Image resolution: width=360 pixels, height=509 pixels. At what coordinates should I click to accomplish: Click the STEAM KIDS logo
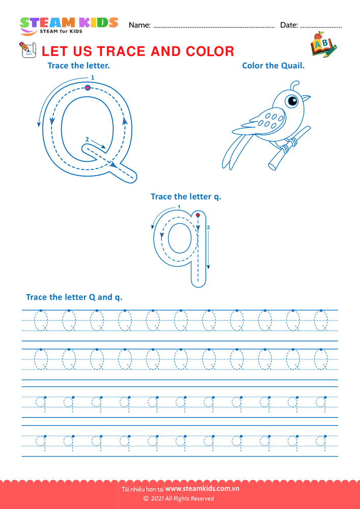coord(69,25)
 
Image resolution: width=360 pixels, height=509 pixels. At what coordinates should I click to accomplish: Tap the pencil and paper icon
coord(27,50)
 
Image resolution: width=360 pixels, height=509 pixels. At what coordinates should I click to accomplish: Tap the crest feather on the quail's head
coord(294,86)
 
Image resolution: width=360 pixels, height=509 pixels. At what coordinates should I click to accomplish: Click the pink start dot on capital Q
coord(87,88)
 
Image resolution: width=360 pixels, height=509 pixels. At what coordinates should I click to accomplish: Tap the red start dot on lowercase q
coord(198,215)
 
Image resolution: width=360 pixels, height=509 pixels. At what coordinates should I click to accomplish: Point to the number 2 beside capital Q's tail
coord(87,139)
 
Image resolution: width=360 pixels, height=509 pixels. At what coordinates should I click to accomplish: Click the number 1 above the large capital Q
coord(93,77)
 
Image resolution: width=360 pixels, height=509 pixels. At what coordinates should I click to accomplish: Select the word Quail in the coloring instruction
coord(295,66)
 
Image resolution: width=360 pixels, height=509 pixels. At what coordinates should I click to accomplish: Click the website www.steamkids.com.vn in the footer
coord(202,488)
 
